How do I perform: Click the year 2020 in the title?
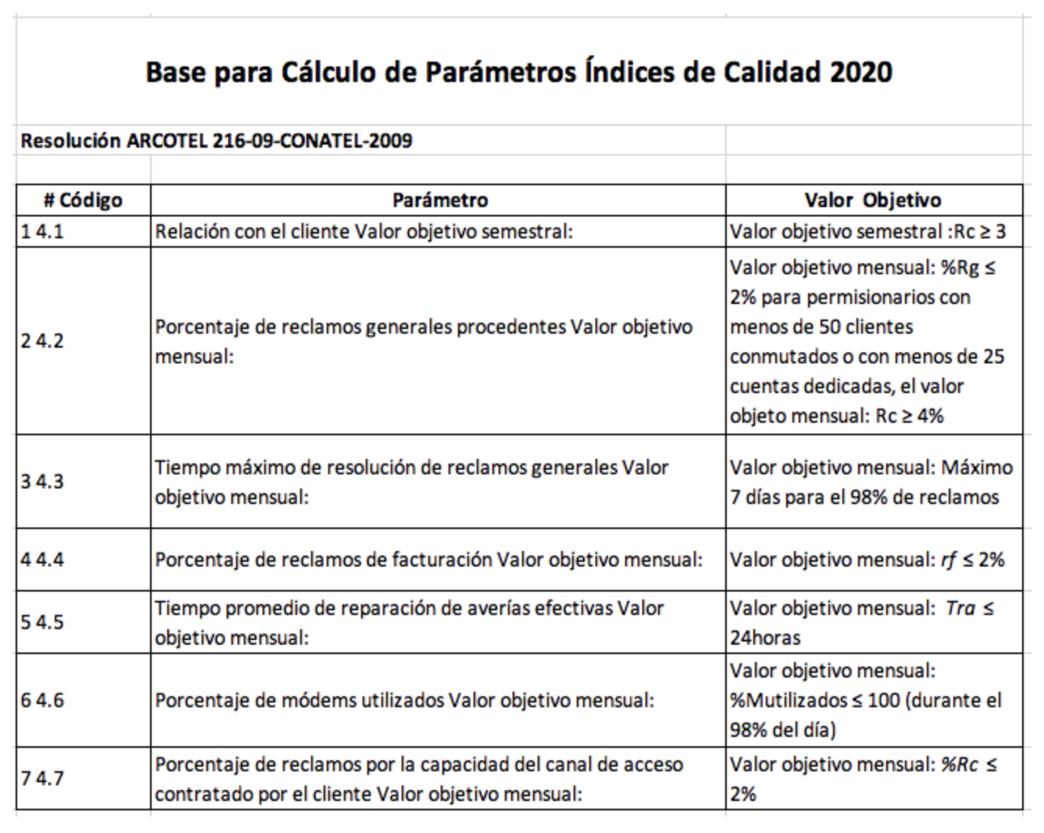pos(860,72)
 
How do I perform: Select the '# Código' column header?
pos(83,200)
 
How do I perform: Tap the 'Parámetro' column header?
pos(439,200)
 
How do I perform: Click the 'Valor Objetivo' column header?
pos(873,200)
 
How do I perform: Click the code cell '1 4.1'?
pos(42,232)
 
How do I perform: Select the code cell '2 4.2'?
pos(42,341)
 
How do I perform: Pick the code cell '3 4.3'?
pos(42,481)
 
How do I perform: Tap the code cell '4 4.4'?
pos(42,560)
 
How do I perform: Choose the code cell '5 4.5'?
pos(42,622)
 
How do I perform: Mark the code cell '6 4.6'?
pos(42,700)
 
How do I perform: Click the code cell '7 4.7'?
pos(42,778)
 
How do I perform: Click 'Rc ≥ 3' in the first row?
pos(981,232)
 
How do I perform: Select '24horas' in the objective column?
pos(765,638)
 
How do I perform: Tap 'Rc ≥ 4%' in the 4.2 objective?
pos(910,416)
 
